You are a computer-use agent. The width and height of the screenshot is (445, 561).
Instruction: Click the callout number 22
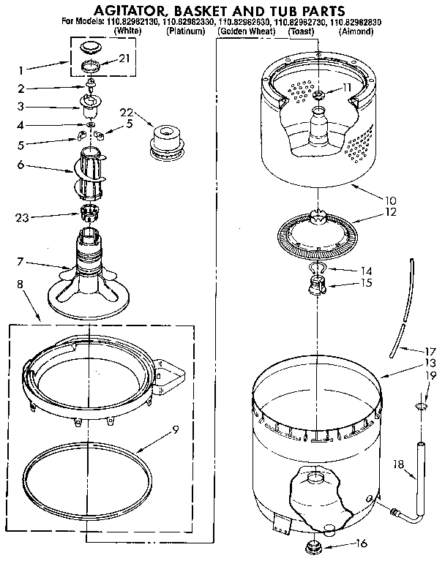[x=127, y=112]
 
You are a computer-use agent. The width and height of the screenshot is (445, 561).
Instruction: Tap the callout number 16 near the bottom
[x=359, y=543]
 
